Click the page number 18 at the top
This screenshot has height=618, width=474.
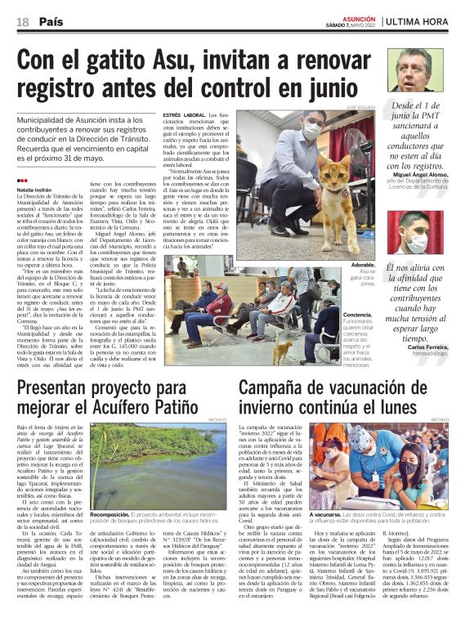pyautogui.click(x=23, y=20)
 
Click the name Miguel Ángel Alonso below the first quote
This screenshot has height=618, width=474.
pyautogui.click(x=422, y=175)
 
